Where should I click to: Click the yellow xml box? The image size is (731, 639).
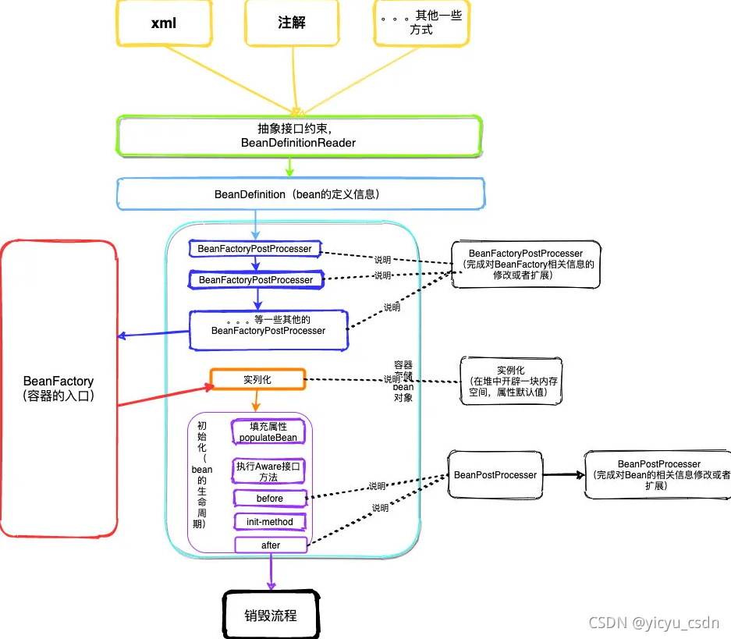pos(164,23)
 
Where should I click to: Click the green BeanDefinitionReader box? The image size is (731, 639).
pos(299,137)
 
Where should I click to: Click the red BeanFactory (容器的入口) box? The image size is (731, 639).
pos(59,389)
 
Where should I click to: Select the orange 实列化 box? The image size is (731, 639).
pos(257,380)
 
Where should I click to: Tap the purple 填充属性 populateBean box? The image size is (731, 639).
pos(268,432)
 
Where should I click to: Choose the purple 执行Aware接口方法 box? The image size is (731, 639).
pos(268,470)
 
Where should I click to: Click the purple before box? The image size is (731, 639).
pos(269,498)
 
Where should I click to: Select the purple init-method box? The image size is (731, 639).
pos(270,521)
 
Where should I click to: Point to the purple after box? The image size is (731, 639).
pos(270,545)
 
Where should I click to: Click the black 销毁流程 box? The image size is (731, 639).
pos(271,615)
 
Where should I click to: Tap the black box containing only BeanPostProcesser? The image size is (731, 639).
pos(495,474)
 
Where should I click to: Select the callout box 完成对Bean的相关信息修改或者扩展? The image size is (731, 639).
pos(657,474)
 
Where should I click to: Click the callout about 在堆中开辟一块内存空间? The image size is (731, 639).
pos(511,381)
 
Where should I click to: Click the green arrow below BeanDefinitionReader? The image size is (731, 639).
pos(289,166)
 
